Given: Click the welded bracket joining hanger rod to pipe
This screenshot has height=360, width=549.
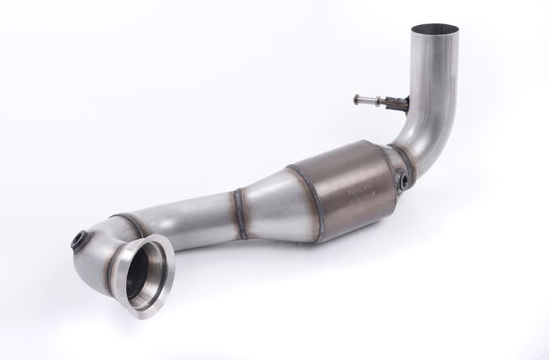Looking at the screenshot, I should pos(400,103).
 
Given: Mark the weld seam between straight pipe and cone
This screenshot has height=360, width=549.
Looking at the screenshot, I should pos(240,212).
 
